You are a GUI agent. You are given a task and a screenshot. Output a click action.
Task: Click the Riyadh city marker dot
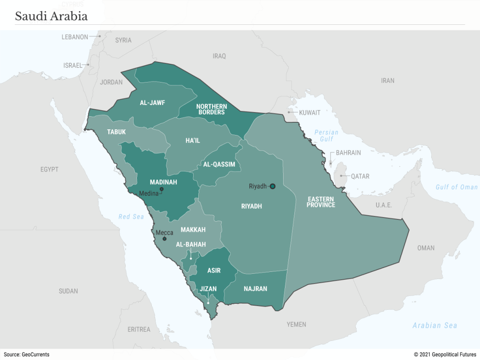tap(273, 186)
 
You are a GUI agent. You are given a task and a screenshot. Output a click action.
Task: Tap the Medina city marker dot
tap(161, 189)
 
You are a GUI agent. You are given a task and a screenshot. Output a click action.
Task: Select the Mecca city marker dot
tap(164, 239)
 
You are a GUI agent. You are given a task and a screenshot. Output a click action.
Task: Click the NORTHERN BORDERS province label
tap(211, 109)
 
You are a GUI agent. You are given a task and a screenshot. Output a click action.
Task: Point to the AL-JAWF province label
tap(152, 103)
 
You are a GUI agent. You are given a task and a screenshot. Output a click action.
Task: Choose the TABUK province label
tap(116, 132)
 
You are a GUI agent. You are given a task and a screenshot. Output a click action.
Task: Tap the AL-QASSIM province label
tap(219, 165)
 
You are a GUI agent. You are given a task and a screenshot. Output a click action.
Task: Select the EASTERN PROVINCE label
tap(321, 202)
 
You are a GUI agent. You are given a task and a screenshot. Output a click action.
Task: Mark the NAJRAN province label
tap(255, 289)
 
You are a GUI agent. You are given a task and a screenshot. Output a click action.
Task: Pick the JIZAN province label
tap(209, 289)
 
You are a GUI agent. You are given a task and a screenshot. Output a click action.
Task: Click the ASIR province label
tap(214, 270)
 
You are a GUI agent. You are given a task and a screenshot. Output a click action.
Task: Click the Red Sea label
tap(131, 217)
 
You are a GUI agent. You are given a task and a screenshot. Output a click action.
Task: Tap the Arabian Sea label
tap(435, 325)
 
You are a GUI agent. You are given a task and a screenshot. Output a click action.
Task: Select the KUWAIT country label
tap(309, 113)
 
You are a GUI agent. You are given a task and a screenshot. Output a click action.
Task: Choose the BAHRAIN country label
tap(348, 153)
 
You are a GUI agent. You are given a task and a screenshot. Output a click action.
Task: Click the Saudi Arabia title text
tap(51, 16)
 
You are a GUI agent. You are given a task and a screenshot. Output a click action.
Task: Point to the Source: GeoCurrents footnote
tap(26, 355)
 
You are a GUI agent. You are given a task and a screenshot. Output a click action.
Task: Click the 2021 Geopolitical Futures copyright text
tap(445, 355)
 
